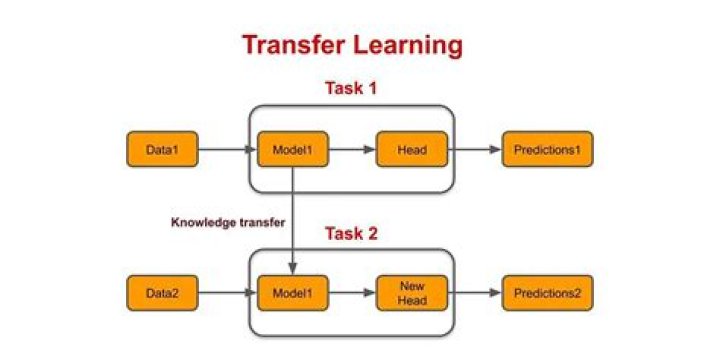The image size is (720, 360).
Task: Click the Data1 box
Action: [162, 150]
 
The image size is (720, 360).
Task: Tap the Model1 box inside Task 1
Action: [292, 150]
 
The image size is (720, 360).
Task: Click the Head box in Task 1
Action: [411, 150]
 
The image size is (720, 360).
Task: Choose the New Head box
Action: [411, 294]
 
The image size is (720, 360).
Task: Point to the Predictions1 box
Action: [547, 150]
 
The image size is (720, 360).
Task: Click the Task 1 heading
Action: [352, 88]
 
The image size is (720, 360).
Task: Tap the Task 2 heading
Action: [352, 234]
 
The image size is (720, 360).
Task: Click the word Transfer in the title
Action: [295, 45]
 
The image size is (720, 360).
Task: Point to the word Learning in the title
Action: [409, 45]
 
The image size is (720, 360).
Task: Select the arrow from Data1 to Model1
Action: [227, 150]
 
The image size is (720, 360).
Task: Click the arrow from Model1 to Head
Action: [351, 150]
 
